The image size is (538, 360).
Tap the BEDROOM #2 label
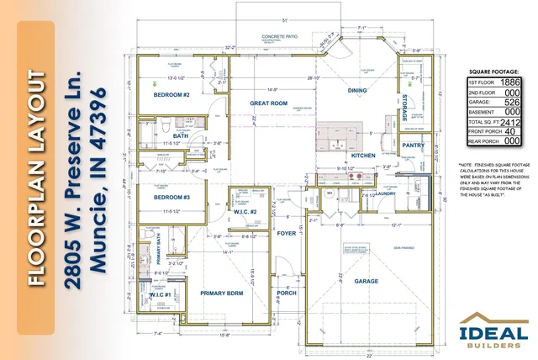[171, 96]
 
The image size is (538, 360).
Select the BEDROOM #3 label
[171, 197]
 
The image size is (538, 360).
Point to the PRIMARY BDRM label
[221, 293]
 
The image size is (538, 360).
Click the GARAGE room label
[366, 281]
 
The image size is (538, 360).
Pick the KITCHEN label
[363, 156]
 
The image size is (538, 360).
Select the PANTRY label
[413, 146]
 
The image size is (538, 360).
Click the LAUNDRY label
[386, 193]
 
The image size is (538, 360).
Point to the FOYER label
[287, 234]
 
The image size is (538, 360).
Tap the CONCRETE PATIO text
[281, 38]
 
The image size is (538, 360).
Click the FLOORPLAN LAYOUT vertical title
[37, 179]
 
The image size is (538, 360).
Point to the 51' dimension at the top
[284, 19]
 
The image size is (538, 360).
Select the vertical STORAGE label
[404, 107]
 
